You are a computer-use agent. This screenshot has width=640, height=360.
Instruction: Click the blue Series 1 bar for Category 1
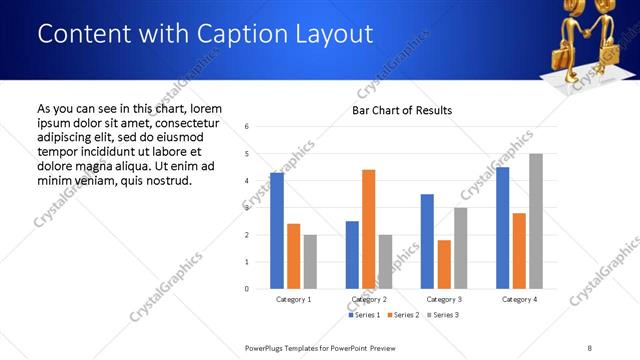coord(277,231)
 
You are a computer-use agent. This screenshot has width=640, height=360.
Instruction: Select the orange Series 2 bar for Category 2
coord(368,229)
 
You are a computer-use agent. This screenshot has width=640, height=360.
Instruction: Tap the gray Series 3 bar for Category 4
coord(535,221)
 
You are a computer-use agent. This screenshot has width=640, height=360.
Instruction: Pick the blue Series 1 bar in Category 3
coord(427,241)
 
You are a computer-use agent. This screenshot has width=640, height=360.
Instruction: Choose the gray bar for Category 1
coord(310,262)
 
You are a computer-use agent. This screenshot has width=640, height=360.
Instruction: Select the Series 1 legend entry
coord(365,315)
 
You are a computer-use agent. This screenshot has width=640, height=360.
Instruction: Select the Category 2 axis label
coord(369,300)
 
